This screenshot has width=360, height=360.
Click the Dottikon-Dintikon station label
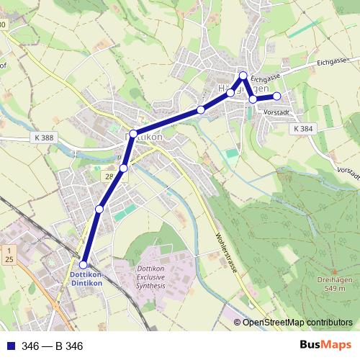coord(86,279)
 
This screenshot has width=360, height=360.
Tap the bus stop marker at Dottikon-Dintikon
coord(84,265)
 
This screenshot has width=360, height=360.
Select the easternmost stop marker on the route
coord(276,96)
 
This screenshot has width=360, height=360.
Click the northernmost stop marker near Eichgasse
coord(243,76)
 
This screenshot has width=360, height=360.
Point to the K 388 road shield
coord(42,138)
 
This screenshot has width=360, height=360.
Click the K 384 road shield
coord(303,128)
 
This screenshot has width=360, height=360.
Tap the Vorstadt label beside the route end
coord(277,112)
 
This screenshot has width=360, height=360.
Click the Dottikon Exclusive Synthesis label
coord(150,277)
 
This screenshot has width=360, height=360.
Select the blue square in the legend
coord(10,346)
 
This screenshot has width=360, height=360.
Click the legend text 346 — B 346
coord(53,346)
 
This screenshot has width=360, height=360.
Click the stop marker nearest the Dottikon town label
coord(133,134)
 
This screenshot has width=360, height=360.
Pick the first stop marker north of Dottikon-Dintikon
coord(99,209)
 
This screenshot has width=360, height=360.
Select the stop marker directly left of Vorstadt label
coord(253,99)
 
